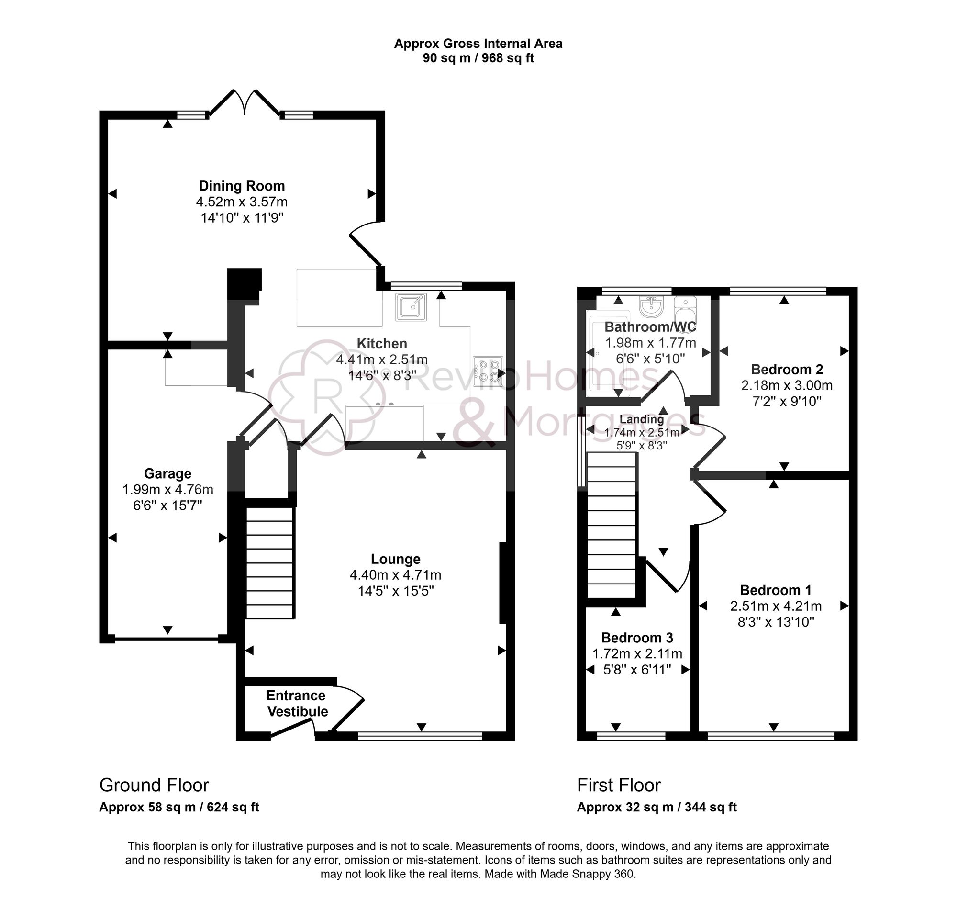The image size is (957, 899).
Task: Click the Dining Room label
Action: pyautogui.click(x=242, y=186)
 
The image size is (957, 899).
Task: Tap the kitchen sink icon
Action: pyautogui.click(x=411, y=307)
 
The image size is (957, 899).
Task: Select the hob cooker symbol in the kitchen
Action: pyautogui.click(x=488, y=371)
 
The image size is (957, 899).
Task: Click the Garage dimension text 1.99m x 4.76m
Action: pyautogui.click(x=167, y=490)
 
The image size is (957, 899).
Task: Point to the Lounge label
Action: pyautogui.click(x=395, y=559)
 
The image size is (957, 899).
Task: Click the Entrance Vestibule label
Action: pyautogui.click(x=297, y=704)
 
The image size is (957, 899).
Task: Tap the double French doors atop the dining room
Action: pyautogui.click(x=245, y=103)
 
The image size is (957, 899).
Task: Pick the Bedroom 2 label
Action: pyautogui.click(x=787, y=370)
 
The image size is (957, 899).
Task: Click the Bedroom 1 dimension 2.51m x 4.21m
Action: pyautogui.click(x=776, y=606)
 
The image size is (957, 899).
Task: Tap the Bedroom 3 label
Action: pyautogui.click(x=636, y=638)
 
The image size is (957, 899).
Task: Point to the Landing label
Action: pyautogui.click(x=641, y=419)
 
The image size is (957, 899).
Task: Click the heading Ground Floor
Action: pyautogui.click(x=154, y=786)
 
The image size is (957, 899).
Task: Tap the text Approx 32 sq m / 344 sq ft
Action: pyautogui.click(x=657, y=807)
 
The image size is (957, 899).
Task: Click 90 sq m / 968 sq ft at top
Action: pyautogui.click(x=478, y=58)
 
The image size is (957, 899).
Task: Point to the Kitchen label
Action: pyautogui.click(x=382, y=344)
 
